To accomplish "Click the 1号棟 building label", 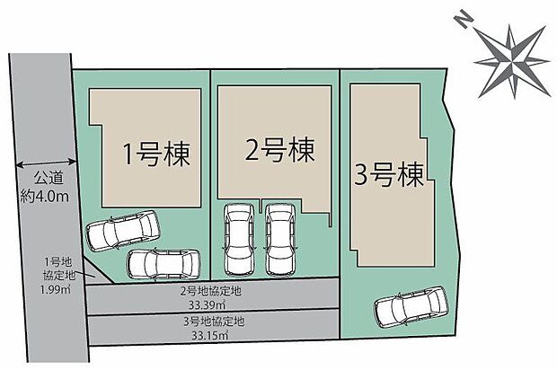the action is (159, 154).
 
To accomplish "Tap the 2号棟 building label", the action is (279, 150).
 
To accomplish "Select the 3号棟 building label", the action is (387, 171).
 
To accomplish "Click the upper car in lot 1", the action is (122, 231).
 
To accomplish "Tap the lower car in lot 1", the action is (162, 263).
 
